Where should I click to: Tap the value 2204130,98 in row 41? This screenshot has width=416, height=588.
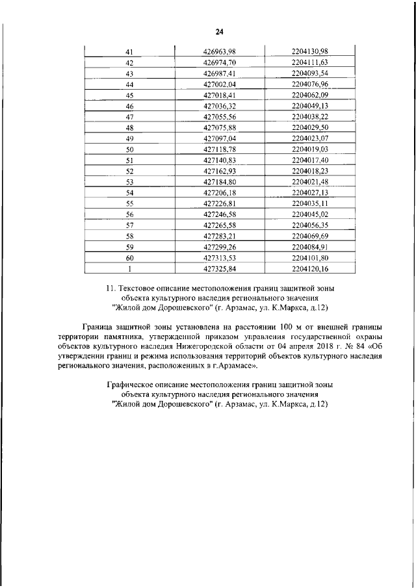pos(309,52)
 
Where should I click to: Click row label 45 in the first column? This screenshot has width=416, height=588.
pos(129,95)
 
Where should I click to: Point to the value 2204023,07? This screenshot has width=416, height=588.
pos(309,138)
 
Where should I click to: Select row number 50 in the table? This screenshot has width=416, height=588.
pos(129,149)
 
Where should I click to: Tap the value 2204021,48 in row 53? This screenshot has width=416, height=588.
pos(309,182)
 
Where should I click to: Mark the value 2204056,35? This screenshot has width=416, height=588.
pos(309,225)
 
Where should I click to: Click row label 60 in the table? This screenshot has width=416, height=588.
pos(129,257)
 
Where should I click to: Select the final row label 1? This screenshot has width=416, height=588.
pos(129,268)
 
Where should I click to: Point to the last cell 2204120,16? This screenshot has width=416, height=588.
pos(309,268)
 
